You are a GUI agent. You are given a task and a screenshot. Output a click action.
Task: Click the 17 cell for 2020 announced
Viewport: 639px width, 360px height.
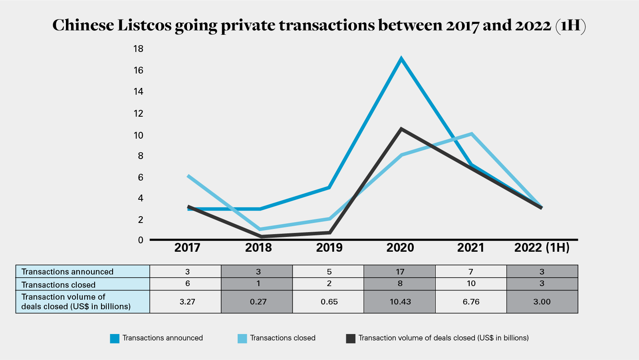400,272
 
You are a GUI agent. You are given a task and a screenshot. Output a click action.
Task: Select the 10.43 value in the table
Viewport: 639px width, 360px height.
400,302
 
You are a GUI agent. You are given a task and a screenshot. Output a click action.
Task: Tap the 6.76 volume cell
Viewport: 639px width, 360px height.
471,302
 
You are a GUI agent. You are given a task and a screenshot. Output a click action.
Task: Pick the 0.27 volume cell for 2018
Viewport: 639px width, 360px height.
258,302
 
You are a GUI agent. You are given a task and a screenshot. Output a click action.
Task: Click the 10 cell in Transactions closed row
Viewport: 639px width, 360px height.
471,284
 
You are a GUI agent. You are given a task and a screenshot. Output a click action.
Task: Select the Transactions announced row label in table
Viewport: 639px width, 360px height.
67,272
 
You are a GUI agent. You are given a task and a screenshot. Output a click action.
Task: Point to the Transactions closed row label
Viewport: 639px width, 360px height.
58,285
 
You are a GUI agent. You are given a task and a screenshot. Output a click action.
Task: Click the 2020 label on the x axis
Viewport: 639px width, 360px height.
400,248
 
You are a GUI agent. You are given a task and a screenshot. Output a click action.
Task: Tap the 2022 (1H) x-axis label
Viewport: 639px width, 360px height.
542,248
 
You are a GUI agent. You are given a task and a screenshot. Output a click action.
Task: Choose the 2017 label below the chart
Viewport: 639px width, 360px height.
187,248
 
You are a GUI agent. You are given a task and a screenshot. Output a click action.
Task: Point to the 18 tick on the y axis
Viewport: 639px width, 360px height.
138,49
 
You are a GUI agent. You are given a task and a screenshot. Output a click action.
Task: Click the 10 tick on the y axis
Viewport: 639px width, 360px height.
138,135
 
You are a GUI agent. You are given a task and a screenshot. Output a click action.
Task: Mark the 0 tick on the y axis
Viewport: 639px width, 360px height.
141,240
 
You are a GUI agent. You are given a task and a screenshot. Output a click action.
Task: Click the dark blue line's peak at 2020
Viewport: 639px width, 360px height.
401,59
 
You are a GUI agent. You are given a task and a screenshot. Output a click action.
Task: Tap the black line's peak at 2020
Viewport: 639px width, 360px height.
401,129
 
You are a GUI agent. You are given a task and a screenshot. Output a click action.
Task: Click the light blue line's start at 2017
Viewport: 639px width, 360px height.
188,176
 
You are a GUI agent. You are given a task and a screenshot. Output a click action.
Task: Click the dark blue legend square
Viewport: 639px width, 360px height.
115,338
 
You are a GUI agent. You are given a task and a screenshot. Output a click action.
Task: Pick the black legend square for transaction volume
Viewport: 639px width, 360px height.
350,338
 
